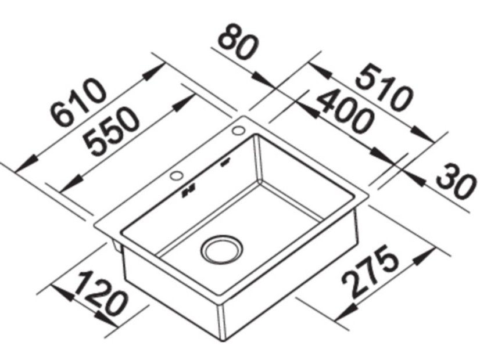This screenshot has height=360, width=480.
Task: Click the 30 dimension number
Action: (x=454, y=182)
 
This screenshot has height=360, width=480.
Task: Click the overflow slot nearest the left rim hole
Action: (x=189, y=190)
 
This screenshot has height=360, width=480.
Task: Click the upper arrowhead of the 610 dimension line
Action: (x=155, y=69)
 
